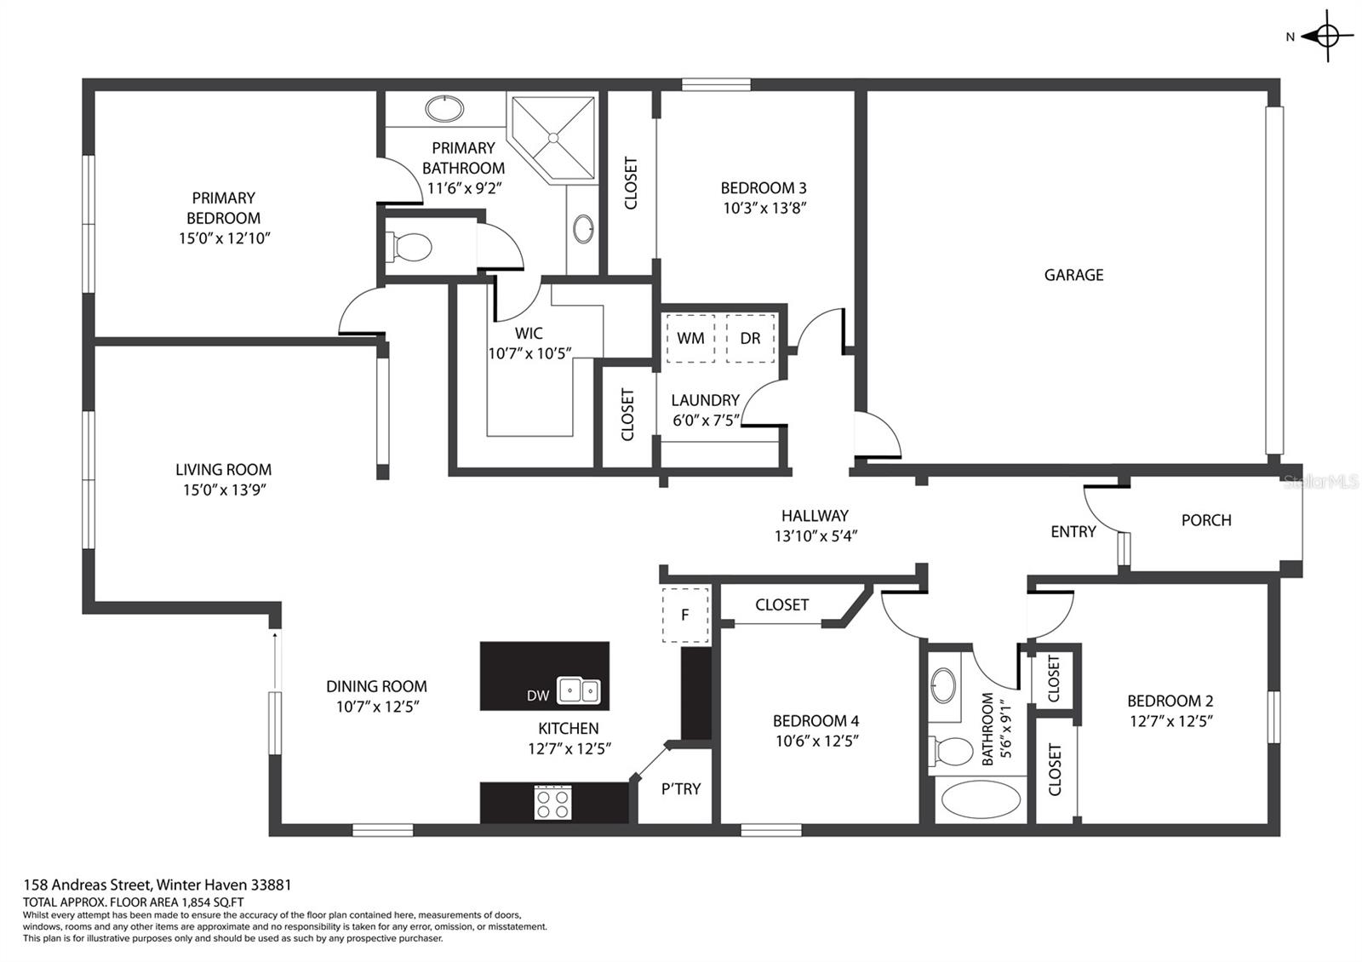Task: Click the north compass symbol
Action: (1327, 37)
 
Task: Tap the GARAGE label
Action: (1073, 275)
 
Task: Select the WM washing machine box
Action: (690, 338)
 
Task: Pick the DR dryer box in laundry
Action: (750, 338)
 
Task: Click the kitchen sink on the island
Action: (579, 690)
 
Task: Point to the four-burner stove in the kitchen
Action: (552, 803)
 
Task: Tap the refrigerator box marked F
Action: (685, 615)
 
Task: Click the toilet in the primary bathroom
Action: (409, 248)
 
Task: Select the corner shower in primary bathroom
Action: (552, 138)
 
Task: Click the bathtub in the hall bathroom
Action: (981, 799)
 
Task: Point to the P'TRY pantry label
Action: (681, 788)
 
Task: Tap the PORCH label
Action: (1206, 520)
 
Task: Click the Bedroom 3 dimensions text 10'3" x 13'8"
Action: (764, 208)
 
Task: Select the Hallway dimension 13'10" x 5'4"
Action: (815, 535)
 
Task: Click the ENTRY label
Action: (1073, 531)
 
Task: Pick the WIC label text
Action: (529, 333)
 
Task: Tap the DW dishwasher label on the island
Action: (538, 696)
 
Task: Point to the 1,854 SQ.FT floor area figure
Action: (208, 902)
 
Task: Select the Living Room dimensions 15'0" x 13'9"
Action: (225, 490)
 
